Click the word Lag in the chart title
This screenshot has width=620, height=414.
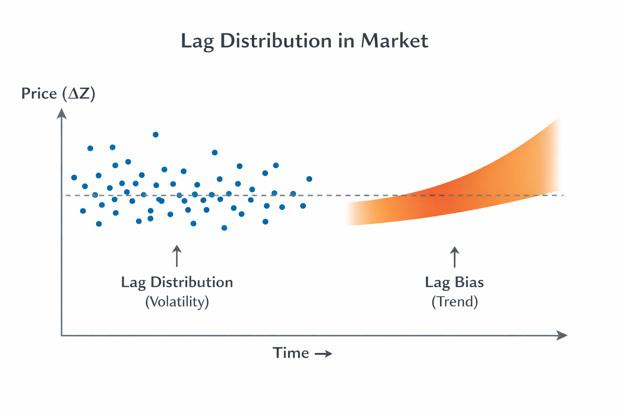coord(197,42)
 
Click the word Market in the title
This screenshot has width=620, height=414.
coord(394,41)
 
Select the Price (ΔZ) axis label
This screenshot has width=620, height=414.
coord(58,94)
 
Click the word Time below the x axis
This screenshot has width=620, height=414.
coord(291,353)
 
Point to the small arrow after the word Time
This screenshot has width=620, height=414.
coord(323,354)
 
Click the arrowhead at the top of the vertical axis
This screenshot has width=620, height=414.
coord(61,114)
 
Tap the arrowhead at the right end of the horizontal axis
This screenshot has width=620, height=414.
coord(562,335)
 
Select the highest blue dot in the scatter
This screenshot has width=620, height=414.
coord(155,135)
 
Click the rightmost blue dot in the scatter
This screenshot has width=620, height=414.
coord(309,179)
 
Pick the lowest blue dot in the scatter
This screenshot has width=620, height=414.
coord(224,228)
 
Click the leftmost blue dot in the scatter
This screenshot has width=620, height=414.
coord(74,177)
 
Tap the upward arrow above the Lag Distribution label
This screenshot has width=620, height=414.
coord(177,256)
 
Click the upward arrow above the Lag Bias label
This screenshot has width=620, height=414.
coord(455,257)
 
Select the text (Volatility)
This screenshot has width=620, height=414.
coord(177,302)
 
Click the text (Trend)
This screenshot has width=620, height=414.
coord(455,302)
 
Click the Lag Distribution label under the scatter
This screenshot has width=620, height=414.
coord(177,282)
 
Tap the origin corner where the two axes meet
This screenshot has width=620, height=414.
coord(62,335)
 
